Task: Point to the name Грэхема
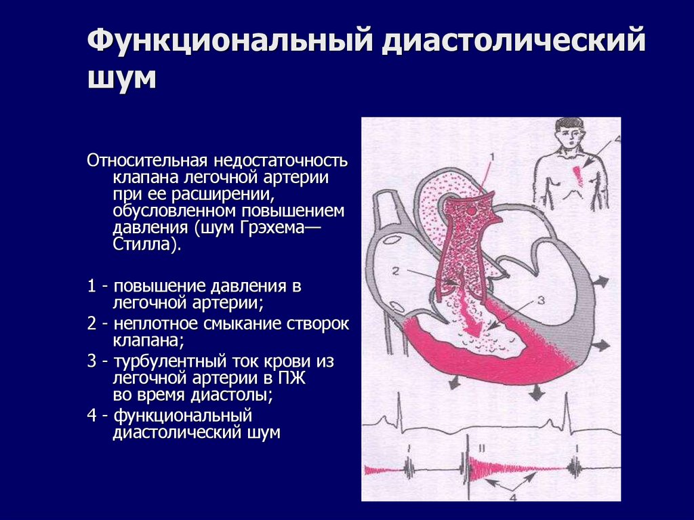click(268, 228)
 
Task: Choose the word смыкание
click(234, 324)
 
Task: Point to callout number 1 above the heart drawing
click(493, 157)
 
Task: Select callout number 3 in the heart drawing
click(540, 299)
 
